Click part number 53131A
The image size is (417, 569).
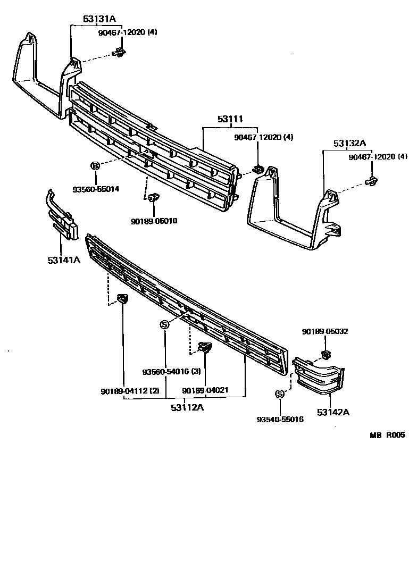coord(99,19)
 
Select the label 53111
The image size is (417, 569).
coord(230,121)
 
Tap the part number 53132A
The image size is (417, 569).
coord(350,144)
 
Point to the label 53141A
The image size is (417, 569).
coord(64,260)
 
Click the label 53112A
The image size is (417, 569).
coord(187,407)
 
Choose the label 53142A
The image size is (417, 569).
coord(333,412)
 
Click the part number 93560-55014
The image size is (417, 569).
coord(96,189)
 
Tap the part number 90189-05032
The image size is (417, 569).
coord(325,331)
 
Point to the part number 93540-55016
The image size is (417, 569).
coord(280,419)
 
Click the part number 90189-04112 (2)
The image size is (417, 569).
coord(130,390)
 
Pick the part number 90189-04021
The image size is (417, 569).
coord(205,390)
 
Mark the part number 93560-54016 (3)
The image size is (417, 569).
coord(171,372)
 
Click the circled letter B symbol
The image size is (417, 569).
coord(96,166)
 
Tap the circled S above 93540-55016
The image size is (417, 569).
coord(280,394)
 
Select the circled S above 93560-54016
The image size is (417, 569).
coord(165,324)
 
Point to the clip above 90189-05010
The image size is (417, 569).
coord(154,198)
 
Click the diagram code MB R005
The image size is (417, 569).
coord(387,435)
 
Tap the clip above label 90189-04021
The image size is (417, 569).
coord(204,347)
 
